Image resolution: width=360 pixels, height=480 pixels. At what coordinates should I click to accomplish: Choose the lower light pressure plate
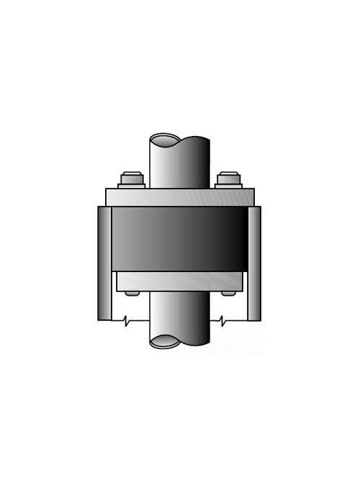coord(180,281)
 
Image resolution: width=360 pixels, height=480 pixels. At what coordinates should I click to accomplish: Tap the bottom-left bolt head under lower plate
coord(130,293)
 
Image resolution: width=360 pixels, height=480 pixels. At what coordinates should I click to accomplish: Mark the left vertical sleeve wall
coord(104,263)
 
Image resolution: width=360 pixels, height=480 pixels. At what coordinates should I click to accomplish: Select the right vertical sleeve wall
coord(254,263)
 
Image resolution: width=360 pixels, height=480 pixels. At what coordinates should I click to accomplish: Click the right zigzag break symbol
coord(224,319)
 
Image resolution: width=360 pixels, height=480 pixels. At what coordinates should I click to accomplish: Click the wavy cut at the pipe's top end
coord(180,138)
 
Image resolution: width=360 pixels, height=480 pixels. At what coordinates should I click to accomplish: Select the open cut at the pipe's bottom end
coord(180,342)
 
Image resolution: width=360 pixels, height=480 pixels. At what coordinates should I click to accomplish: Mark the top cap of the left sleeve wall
coord(104,208)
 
